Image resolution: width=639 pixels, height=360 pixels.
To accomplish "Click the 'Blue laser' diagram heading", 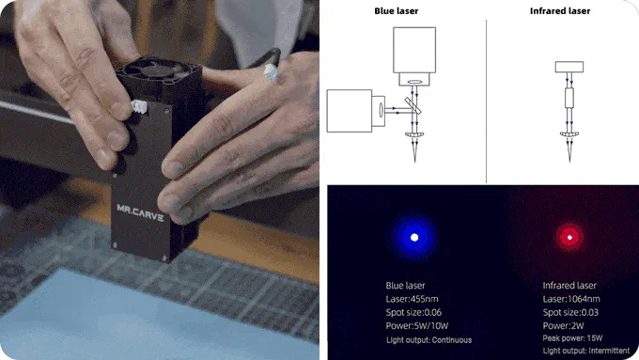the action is (x=397, y=11).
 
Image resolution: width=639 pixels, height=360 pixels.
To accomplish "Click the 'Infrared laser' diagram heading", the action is (x=560, y=11).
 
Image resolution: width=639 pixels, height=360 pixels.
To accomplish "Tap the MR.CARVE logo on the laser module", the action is (x=140, y=212).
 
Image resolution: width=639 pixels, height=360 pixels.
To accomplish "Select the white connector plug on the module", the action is (x=139, y=107).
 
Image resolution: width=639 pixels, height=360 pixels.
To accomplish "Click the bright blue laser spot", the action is (x=414, y=237).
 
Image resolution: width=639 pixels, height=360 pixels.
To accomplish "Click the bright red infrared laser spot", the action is (x=569, y=237).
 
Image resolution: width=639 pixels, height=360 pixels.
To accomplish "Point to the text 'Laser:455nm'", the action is (x=412, y=299).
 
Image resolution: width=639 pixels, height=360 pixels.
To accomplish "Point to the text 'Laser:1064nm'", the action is (x=571, y=299).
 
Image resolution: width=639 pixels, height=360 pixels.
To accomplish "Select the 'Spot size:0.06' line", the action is (x=413, y=312).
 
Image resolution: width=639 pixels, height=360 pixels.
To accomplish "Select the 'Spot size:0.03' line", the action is (x=570, y=312).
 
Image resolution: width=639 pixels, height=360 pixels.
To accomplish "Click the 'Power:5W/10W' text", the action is (x=417, y=326).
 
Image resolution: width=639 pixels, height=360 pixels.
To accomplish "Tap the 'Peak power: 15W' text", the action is (x=572, y=338).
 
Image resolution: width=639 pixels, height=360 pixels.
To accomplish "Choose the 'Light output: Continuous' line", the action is (x=429, y=340).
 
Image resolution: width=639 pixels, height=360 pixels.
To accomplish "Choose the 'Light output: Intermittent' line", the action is (x=586, y=351).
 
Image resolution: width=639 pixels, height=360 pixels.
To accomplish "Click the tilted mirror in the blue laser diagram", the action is (x=413, y=105).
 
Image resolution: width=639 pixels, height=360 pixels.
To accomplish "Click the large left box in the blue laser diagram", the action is (x=350, y=111).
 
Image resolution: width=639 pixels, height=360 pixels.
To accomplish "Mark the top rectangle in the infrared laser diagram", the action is (x=569, y=67).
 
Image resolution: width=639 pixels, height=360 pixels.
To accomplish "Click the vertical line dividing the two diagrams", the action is (x=486, y=102).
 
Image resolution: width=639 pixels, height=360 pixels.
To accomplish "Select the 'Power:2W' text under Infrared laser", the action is (x=563, y=326).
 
